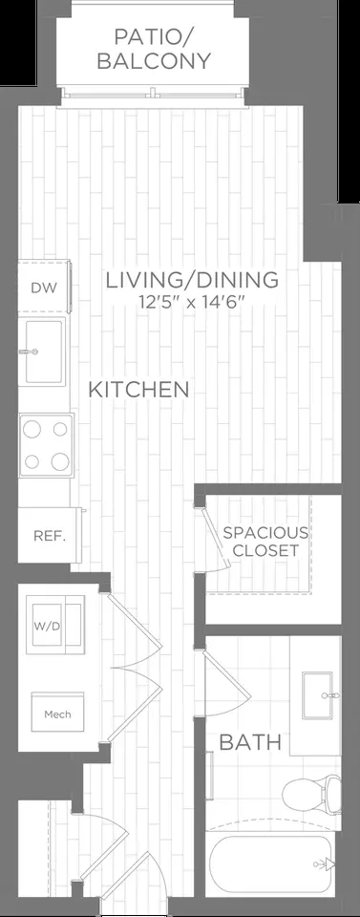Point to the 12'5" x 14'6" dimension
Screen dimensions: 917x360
192,303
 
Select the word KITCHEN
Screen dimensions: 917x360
138,390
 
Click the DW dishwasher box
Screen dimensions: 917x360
42,288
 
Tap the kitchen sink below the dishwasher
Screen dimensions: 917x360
43,351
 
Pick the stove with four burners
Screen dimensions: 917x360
47,444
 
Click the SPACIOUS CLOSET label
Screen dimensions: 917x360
265,542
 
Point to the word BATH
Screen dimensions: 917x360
249,742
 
